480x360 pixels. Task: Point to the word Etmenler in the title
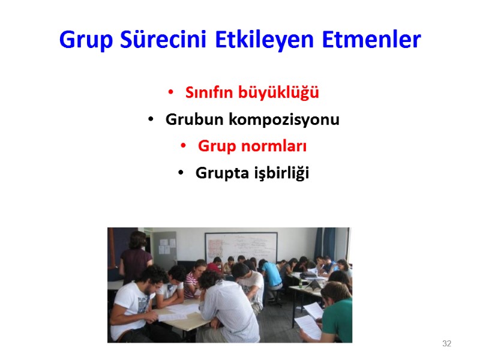(x=371, y=40)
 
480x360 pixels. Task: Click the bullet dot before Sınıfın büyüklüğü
(x=171, y=93)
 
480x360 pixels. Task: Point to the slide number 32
(x=446, y=344)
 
